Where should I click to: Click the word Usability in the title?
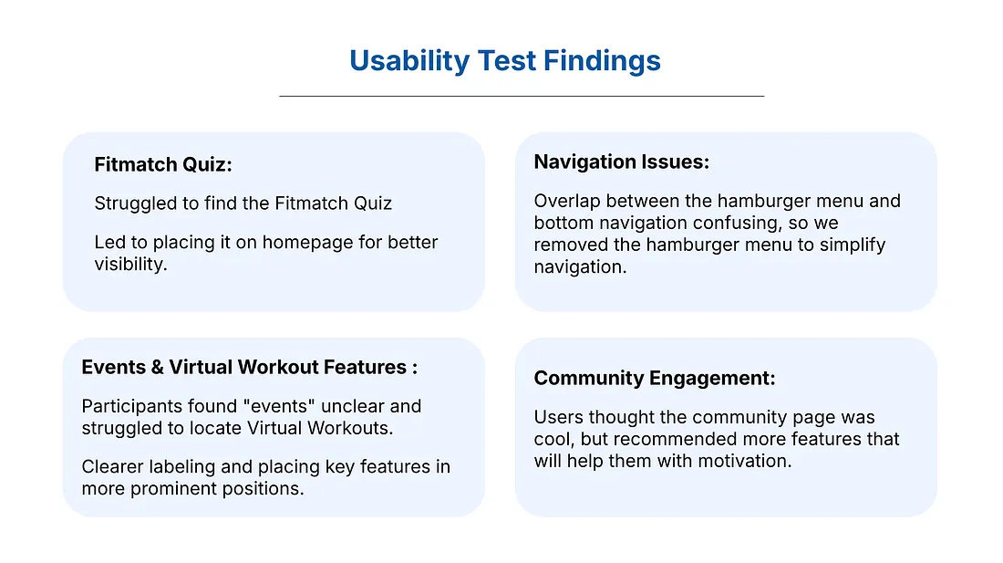409,61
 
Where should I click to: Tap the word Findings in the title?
602,61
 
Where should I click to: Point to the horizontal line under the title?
522,96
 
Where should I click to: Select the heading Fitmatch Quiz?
163,165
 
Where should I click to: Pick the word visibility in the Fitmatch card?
130,265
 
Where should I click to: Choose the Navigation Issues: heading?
622,162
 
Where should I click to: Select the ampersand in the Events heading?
158,367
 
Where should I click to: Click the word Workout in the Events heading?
278,367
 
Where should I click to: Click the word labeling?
182,467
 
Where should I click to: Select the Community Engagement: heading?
655,378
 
